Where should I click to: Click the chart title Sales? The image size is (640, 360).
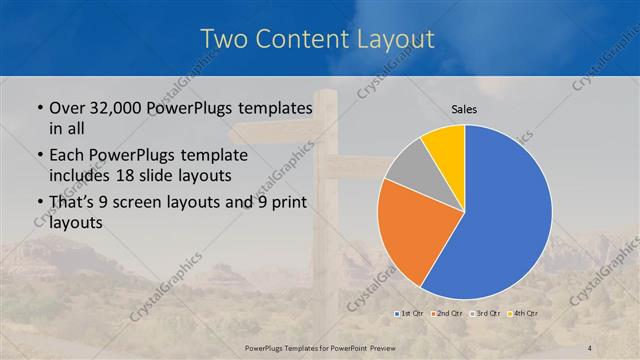(x=464, y=109)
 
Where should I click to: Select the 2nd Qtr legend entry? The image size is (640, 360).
(x=446, y=314)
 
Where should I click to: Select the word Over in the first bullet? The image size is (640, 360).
(x=66, y=107)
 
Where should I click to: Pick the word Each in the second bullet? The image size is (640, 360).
(x=66, y=155)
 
